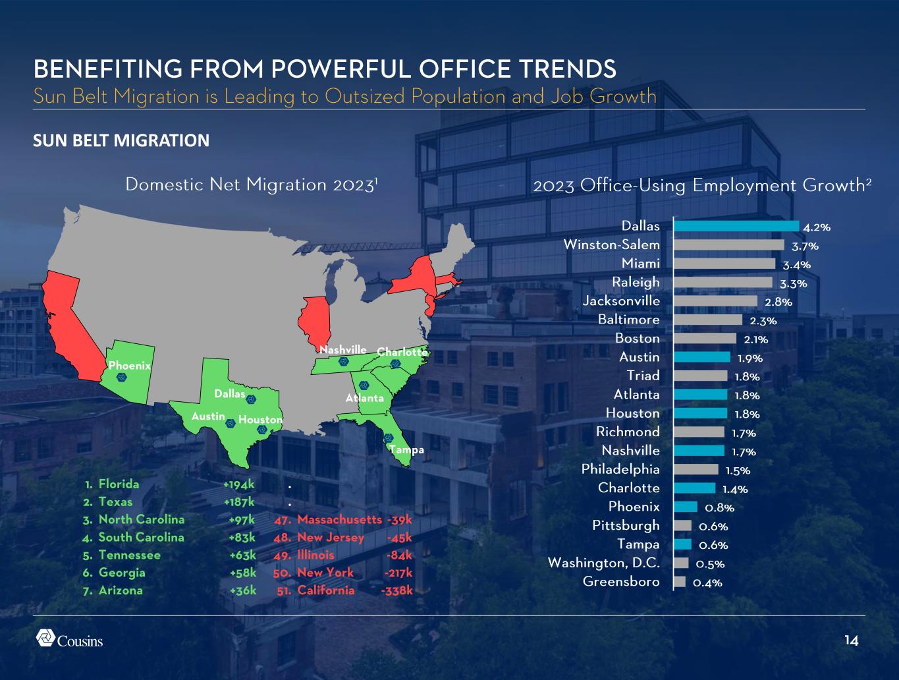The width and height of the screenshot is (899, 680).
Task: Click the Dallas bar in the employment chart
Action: (736, 226)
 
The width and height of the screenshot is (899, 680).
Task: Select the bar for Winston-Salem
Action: (729, 245)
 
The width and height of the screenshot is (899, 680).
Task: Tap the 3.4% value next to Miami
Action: (797, 265)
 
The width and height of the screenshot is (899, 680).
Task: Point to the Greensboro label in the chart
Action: (621, 582)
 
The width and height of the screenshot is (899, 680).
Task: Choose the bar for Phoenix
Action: (686, 507)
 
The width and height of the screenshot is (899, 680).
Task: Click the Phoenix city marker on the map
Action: (122, 378)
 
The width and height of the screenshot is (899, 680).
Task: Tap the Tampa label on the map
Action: (407, 450)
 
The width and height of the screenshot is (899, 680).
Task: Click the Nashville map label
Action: (343, 349)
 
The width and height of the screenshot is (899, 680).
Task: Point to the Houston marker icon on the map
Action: (262, 430)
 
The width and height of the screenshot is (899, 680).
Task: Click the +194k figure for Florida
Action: (239, 484)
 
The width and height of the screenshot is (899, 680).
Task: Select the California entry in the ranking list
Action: (326, 590)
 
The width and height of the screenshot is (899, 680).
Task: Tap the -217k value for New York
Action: (398, 573)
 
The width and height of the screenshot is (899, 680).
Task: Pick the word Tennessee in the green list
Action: (130, 555)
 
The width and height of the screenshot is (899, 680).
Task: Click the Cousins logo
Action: (69, 638)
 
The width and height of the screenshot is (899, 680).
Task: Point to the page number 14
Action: (852, 640)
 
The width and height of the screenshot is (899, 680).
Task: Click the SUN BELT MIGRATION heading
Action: (121, 140)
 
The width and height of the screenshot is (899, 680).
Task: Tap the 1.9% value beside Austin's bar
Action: (750, 358)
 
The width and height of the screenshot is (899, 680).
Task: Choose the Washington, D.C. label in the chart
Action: (604, 563)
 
